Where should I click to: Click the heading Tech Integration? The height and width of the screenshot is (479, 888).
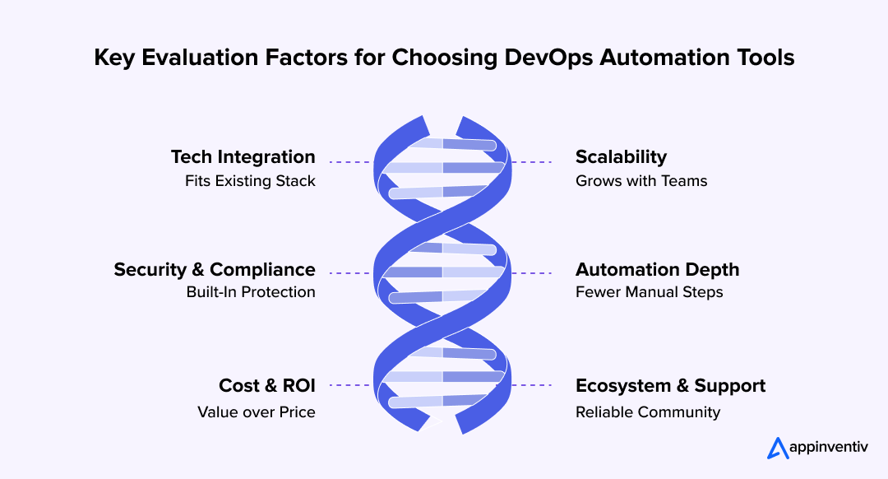(243, 156)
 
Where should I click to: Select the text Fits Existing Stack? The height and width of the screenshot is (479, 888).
(250, 181)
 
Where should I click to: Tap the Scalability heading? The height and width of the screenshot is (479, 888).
(621, 156)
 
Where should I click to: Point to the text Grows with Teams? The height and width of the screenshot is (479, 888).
(641, 181)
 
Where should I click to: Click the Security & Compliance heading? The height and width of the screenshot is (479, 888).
(215, 269)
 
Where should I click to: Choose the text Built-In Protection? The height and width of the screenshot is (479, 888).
(251, 292)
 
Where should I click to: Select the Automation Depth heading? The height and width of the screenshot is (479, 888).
(657, 269)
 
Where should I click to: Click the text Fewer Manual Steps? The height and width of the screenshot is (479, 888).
(649, 292)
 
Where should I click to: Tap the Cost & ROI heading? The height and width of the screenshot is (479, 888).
(266, 385)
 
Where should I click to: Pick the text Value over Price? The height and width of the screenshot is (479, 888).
(256, 412)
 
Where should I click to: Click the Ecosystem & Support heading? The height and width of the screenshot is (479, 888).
(670, 385)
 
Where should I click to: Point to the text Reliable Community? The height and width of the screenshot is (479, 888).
(648, 412)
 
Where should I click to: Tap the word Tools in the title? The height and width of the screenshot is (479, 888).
(765, 58)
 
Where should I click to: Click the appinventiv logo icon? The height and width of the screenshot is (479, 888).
(778, 448)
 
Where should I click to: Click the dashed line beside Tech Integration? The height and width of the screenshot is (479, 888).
(349, 162)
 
